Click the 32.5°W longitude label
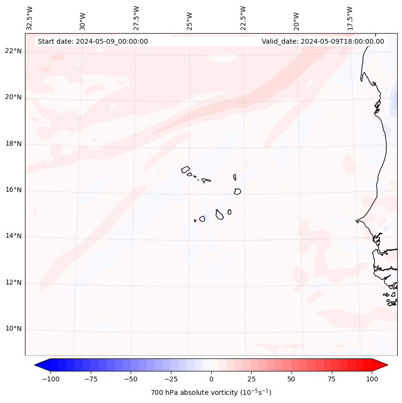30,18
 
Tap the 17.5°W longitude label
350,18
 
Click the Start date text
93,41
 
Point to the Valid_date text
323,41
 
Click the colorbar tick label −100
51,379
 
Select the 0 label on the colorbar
211,379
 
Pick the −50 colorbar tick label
131,379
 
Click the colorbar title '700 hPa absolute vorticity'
211,392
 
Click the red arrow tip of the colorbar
387,365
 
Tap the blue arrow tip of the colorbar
36,365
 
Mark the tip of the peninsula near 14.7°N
356,221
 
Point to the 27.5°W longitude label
136,18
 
